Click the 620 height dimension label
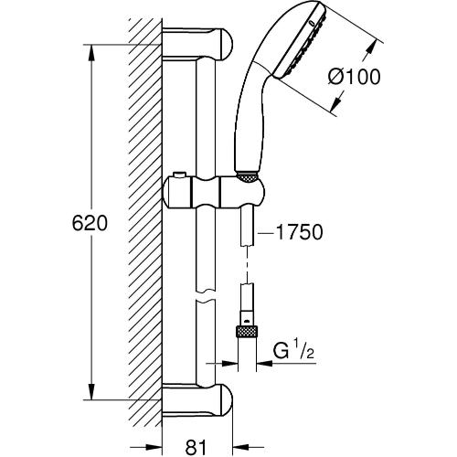click(90, 223)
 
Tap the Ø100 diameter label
click(355, 77)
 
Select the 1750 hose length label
click(299, 232)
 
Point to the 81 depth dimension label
click(196, 447)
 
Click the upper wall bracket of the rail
click(197, 43)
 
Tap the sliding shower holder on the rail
click(214, 192)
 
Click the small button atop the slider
click(178, 175)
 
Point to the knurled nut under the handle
click(247, 177)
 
